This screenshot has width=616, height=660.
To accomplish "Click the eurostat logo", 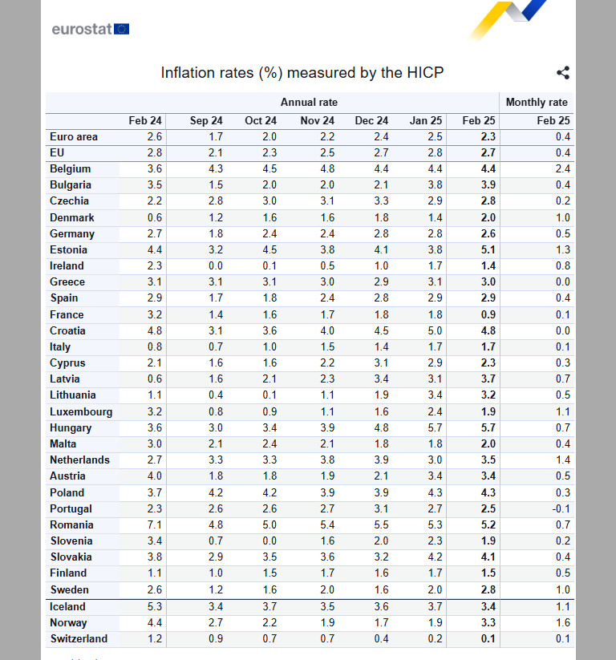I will pos(90,30).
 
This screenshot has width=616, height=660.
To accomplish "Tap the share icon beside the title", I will pos(563,73).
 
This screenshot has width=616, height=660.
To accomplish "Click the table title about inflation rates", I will pos(302,73).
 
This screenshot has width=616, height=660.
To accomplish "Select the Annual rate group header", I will pos(309,103).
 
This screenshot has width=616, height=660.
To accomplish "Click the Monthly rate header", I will pos(537,103).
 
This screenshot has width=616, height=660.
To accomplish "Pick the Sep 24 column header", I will pos(206,121).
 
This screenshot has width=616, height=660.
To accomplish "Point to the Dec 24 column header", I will pos(371,121).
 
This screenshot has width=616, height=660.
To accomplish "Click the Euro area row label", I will pos(73,137).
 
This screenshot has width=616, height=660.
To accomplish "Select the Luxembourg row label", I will pos(80,411).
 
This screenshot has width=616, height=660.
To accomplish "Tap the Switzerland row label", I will pos(78,638).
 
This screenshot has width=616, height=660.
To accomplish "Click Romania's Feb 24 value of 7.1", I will pos(155,524).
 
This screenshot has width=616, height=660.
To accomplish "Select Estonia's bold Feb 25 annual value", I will pos(488,249).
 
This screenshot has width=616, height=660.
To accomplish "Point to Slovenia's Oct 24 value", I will pos(269,541).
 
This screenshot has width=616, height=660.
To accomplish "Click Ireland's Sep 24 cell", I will pos(215,266).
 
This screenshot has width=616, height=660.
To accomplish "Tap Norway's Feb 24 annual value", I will pos(155,622).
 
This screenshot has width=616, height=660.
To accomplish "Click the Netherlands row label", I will pos(79,460).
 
